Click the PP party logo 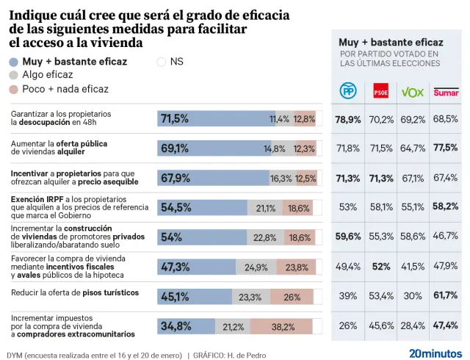[347, 91]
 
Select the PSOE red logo [380, 92]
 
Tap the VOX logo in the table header [412, 92]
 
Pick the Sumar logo [446, 92]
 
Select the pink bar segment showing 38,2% [281, 326]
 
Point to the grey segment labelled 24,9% [256, 267]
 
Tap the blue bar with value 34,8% [186, 326]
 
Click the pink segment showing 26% [291, 297]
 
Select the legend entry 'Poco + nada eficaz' [59, 89]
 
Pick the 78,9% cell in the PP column [347, 119]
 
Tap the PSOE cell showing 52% [380, 266]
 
